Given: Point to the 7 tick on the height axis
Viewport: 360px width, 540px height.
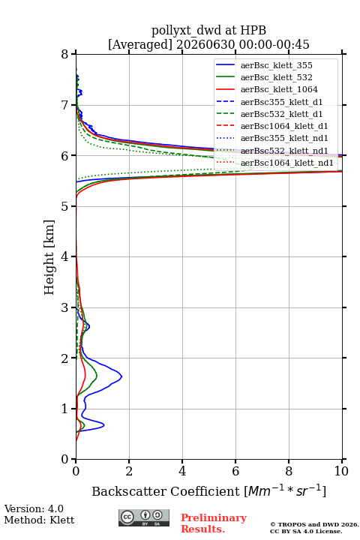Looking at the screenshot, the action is pos(73,105).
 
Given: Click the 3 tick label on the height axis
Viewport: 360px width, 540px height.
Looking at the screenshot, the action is pos(65,307).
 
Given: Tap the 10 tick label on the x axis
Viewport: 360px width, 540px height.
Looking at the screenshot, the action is pos(341,471).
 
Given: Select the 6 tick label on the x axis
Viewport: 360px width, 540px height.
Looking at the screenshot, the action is pos(235,471).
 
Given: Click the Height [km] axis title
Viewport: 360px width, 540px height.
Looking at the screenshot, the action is pos(49,257).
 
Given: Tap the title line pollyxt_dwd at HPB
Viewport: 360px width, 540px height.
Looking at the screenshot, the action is pos(208,30).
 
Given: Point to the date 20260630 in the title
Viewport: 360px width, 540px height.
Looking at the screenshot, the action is pos(205,44).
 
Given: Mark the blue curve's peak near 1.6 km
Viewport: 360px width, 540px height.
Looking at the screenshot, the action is pos(121,376).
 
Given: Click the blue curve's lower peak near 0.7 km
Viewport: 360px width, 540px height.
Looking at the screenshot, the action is pos(103,425).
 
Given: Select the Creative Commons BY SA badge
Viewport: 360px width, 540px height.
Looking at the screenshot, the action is pos(144,517).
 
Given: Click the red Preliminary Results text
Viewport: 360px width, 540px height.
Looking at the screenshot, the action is pos(214,523).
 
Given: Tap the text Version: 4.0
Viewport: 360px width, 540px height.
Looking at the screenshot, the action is pos(34,508).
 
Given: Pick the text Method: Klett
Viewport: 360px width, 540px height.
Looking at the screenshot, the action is pos(39,520).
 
